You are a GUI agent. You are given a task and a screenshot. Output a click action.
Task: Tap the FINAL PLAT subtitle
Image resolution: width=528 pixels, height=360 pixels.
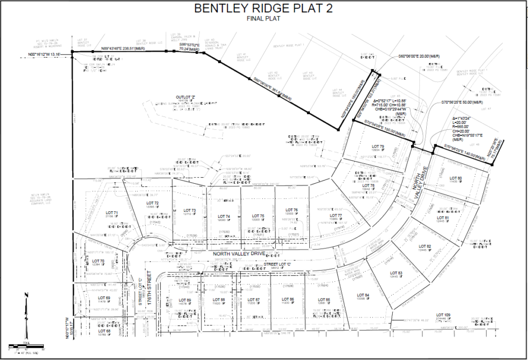(x=263, y=19)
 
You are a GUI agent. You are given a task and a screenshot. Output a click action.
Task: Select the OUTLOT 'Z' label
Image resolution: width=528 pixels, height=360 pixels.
(x=184, y=97)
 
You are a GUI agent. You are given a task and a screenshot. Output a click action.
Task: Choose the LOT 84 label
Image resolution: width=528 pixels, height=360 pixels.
(x=363, y=295)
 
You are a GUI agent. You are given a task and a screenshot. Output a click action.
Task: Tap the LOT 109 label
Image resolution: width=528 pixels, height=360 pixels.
(x=443, y=315)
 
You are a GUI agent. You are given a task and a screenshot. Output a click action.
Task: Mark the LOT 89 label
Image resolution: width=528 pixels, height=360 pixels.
(x=185, y=300)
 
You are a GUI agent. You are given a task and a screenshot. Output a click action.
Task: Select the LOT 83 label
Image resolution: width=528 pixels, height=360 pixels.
(x=396, y=273)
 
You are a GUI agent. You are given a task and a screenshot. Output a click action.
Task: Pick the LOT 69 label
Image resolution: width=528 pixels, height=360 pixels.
(x=104, y=297)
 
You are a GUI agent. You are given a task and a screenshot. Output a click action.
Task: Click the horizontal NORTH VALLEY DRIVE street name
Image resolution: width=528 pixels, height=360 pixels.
(x=239, y=253)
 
